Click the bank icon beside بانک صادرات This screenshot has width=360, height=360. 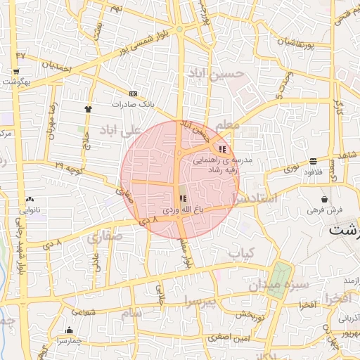click(133, 94)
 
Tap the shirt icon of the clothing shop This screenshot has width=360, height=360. click(88, 109)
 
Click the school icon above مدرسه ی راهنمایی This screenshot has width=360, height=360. click(223, 149)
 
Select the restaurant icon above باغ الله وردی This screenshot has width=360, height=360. click(183, 199)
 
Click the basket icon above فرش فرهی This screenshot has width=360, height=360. click(324, 199)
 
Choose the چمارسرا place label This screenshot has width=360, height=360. click(68, 341)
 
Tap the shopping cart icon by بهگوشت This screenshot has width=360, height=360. click(15, 71)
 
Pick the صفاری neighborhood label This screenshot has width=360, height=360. click(105, 238)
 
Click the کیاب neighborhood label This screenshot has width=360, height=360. click(243, 252)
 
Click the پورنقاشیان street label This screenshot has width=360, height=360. click(304, 42)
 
